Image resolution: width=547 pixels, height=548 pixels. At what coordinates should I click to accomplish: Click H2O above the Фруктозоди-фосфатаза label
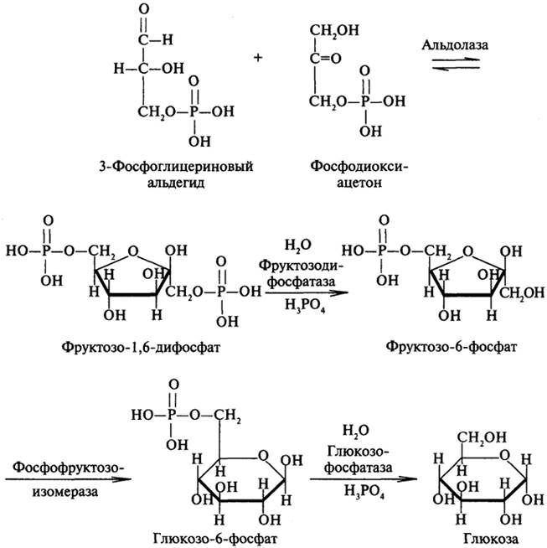[x=297, y=245]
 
